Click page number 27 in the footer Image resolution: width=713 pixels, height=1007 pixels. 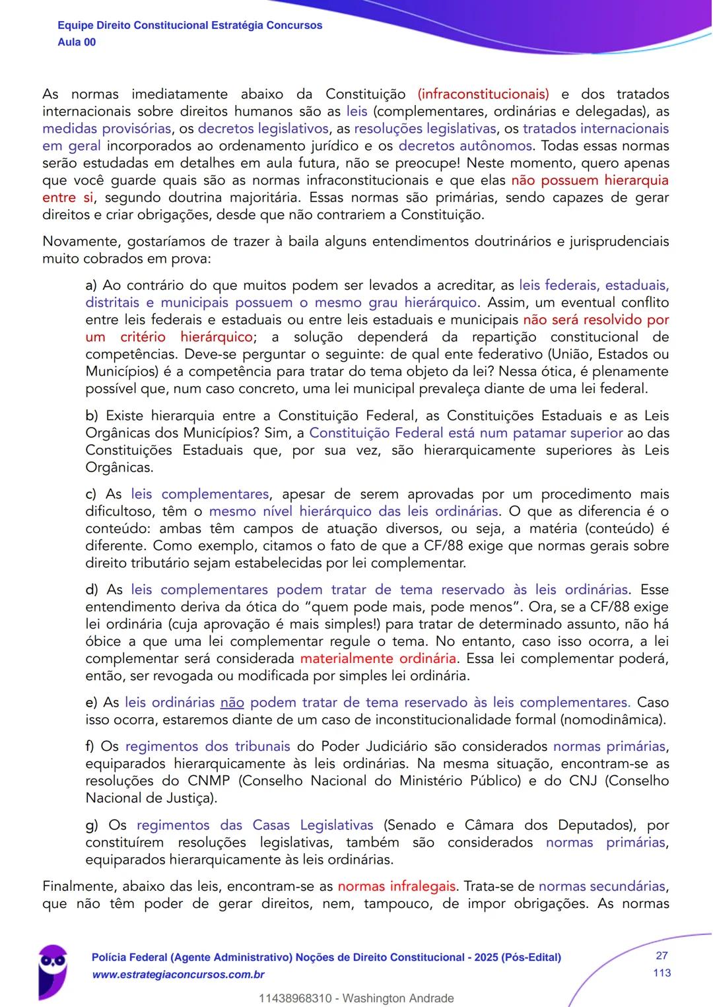[662, 955]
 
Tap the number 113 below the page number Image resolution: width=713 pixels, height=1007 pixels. [662, 973]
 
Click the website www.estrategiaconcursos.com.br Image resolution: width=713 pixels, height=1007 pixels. [178, 975]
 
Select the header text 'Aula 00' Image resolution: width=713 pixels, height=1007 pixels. [77, 42]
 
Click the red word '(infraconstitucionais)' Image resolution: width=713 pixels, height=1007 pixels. [483, 94]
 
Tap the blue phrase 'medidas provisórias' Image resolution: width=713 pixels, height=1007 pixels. [106, 129]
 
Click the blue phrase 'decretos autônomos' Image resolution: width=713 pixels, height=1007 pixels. [465, 146]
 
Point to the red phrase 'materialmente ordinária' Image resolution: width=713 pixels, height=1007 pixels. [378, 658]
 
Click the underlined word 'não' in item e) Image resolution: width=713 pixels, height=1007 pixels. [232, 703]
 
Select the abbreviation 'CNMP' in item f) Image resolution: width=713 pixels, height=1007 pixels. [209, 781]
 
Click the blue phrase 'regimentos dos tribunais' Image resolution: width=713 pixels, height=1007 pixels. [207, 746]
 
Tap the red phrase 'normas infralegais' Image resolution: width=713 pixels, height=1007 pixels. [396, 886]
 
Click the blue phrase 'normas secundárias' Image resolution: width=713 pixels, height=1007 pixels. [601, 886]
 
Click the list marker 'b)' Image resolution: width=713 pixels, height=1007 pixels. [92, 416]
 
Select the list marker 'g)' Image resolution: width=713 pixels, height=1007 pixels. [92, 825]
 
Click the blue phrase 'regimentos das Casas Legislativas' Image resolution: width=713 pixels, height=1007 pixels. [255, 825]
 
